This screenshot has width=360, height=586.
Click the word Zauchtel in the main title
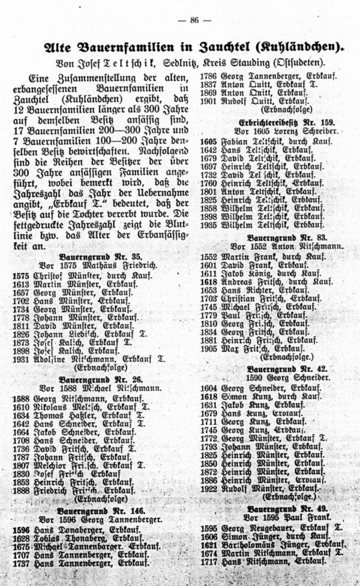(216, 46)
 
